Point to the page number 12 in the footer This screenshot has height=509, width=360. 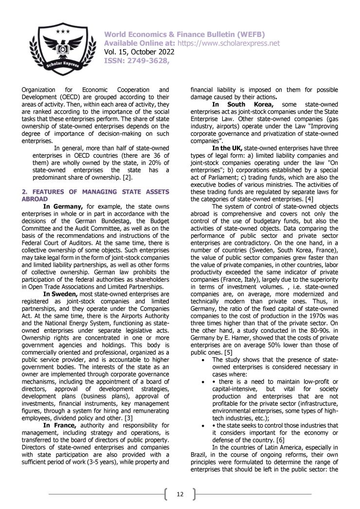pyautogui.click(x=180, y=494)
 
